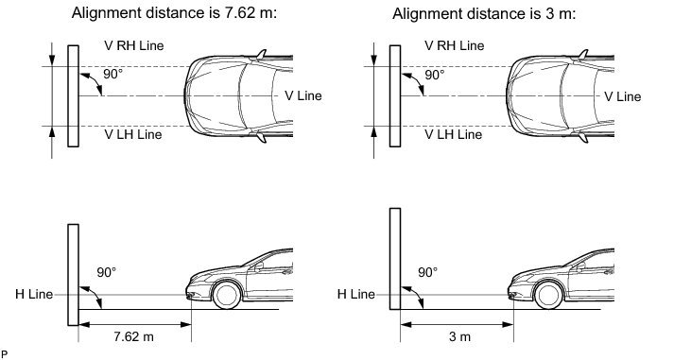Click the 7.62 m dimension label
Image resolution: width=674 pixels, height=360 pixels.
pos(133,336)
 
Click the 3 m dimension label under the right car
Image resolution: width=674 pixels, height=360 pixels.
pos(459,336)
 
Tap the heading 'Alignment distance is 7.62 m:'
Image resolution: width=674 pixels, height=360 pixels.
pos(175,13)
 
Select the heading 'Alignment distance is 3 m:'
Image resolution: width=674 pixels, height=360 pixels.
pos(484,14)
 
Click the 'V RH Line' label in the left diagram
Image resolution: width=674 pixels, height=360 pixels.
pos(133,45)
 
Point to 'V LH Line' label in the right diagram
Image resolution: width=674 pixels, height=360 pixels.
pos(453,134)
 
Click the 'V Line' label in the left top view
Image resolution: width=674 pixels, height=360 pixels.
pos(303,95)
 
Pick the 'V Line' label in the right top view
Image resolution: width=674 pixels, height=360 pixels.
pos(622,96)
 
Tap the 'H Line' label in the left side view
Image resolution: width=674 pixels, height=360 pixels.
pos(34,294)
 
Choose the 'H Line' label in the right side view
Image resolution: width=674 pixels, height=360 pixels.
pos(356,294)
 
